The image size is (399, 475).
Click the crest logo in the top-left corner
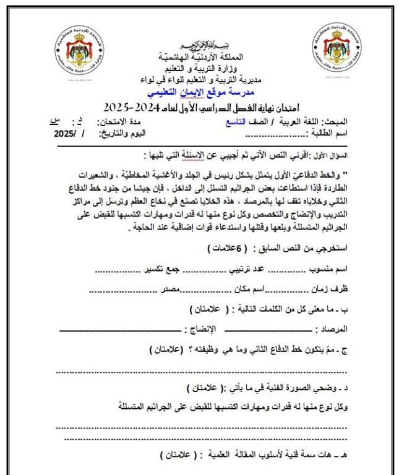pyautogui.click(x=77, y=51)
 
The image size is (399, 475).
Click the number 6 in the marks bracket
pyautogui.click(x=244, y=249)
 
